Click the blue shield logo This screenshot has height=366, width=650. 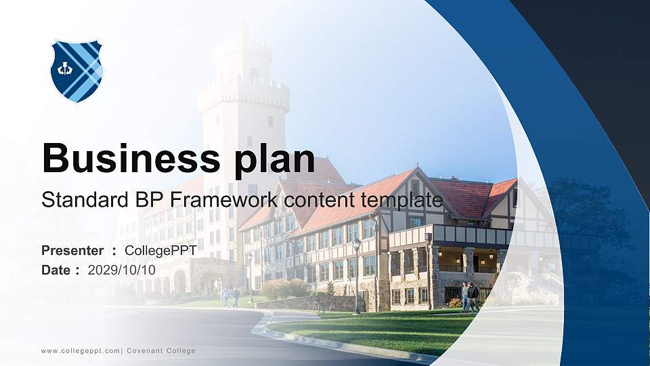[77, 70]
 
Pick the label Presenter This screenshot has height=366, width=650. [72, 251]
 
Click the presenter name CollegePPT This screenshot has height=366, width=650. [160, 251]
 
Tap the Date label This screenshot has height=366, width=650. [56, 270]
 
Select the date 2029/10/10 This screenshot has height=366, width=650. [122, 270]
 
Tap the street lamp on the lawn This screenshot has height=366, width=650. [356, 274]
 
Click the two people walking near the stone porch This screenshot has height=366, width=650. [470, 296]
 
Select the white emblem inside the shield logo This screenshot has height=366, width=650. [65, 69]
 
